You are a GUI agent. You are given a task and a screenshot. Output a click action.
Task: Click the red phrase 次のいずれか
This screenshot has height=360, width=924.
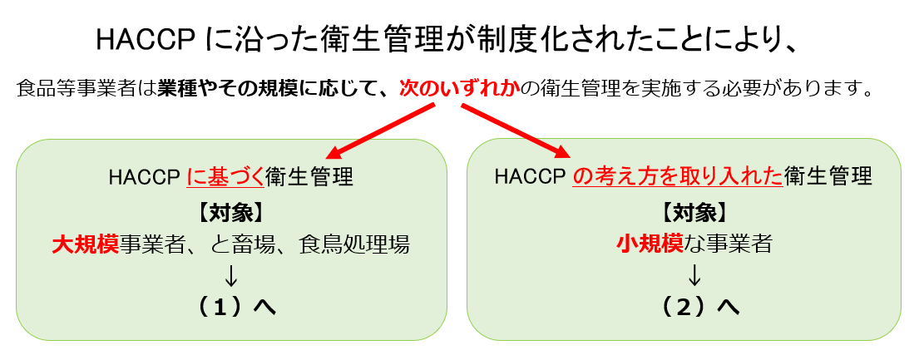pos(460,90)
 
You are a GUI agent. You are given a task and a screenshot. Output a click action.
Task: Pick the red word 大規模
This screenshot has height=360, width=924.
pos(86,244)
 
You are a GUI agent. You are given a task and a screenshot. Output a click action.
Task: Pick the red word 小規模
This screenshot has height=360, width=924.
pos(650,244)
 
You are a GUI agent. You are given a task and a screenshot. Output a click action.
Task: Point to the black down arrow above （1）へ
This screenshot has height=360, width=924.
pos(230,275)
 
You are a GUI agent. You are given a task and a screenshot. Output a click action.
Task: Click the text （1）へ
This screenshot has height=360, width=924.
pos(234,307)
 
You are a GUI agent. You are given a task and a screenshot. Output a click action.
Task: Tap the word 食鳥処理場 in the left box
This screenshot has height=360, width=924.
pos(353,244)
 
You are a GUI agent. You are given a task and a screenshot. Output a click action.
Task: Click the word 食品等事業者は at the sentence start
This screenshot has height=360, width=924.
pos(87,90)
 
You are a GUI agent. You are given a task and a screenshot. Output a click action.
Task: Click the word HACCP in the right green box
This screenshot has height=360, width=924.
pos(531,176)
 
